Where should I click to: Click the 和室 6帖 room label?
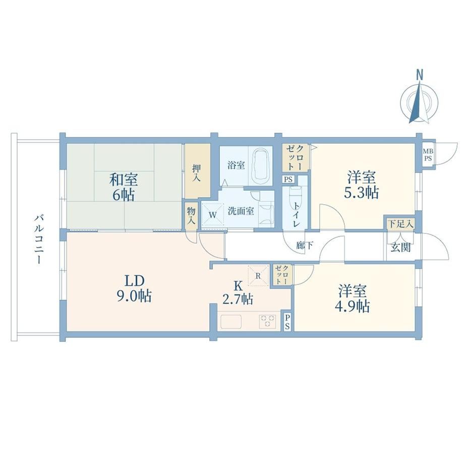(x=124, y=187)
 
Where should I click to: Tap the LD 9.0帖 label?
(x=134, y=288)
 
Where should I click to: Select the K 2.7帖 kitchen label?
(x=238, y=293)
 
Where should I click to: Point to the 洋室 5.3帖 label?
(x=361, y=185)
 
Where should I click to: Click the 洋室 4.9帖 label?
(x=353, y=299)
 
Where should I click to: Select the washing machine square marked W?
(x=213, y=214)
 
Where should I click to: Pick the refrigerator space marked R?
(x=258, y=276)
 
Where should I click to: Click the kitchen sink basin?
(x=231, y=321)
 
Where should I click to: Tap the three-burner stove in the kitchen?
(x=267, y=321)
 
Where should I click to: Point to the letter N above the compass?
(x=419, y=75)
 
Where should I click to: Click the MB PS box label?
(x=428, y=155)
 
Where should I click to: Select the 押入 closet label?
(x=197, y=173)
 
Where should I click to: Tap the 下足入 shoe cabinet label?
(x=400, y=224)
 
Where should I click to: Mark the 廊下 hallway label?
(x=305, y=245)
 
